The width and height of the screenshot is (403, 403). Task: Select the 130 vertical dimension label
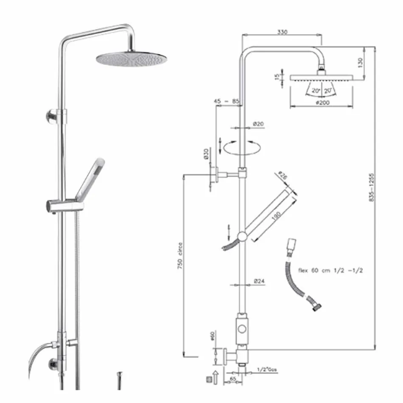361,62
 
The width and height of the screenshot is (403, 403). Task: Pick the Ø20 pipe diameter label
258,123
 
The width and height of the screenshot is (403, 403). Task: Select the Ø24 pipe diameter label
259,281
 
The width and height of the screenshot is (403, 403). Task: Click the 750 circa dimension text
180,256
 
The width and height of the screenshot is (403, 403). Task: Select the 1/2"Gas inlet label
267,370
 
